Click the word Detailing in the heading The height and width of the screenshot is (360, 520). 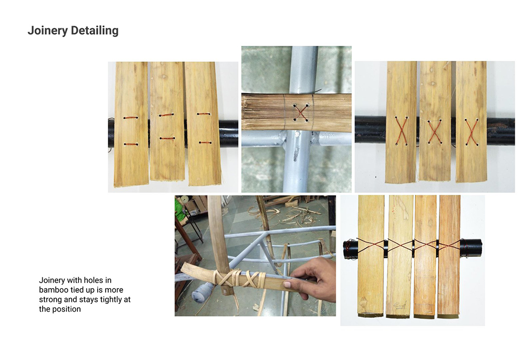click(95, 31)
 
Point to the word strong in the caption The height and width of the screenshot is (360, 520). click(50, 300)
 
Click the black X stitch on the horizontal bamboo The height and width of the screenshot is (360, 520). click(301, 112)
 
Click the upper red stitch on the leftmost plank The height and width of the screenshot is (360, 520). click(131, 118)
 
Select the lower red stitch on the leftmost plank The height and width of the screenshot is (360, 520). click(131, 144)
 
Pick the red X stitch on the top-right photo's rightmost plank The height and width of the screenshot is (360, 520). click(471, 132)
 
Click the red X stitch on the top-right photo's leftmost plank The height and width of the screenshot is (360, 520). click(401, 131)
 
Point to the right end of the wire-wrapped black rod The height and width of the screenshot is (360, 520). click(481, 248)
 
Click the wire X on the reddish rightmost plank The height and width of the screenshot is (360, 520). click(449, 246)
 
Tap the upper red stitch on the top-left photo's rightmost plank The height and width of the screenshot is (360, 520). click(204, 114)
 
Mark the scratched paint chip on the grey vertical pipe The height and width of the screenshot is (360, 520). click(296, 153)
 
